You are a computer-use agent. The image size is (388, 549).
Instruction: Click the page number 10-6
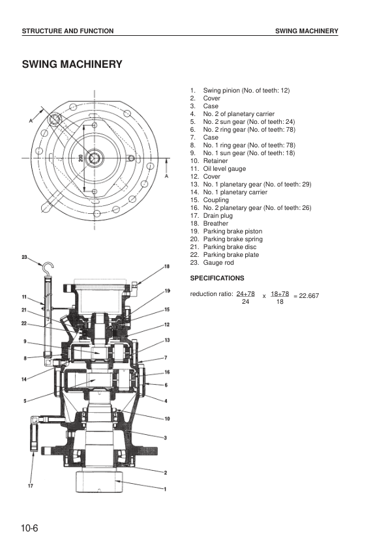coord(29,528)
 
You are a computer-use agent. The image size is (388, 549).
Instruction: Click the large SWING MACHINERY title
coord(72,65)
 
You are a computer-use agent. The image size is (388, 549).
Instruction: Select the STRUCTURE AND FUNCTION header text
coord(68,31)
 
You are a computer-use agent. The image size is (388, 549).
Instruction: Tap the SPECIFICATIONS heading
coord(217,278)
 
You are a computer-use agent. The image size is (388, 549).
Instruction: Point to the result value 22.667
coord(309,296)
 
